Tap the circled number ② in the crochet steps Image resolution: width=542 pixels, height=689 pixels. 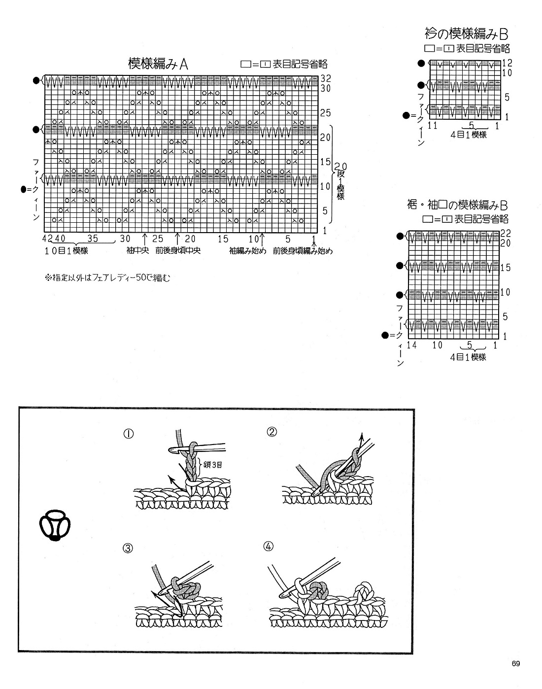coord(272,432)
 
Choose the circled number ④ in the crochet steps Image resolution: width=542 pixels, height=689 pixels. coord(269,547)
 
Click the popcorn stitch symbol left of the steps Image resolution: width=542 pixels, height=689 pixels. coord(55,526)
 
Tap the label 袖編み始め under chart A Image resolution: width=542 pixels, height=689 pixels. coord(247,250)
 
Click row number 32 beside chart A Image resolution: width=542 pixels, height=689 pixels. coord(325,78)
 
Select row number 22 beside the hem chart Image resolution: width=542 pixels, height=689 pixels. coord(506,234)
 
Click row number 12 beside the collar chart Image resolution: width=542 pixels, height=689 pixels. coord(508,63)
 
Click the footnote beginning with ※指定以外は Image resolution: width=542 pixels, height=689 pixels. coord(107,278)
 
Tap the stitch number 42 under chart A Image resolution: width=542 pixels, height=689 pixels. coord(47,239)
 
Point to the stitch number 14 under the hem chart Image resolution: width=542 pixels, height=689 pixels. coord(412,345)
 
